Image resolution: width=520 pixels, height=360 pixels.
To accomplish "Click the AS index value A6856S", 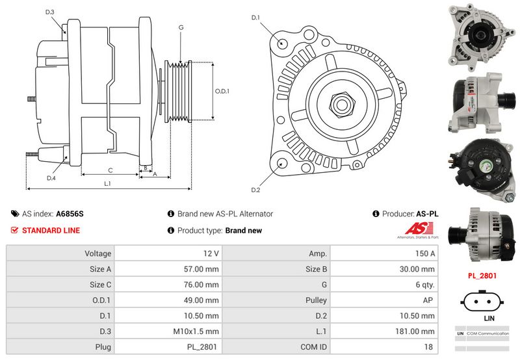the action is coord(70,214).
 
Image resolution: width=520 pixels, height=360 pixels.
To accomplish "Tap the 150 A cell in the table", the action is coord(425,253).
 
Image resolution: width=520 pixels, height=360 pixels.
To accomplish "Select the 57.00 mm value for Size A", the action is coord(201,269).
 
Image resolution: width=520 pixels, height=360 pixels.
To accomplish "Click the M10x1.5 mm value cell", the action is coord(196,331).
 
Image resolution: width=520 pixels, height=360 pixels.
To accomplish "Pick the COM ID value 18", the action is coord(428,347).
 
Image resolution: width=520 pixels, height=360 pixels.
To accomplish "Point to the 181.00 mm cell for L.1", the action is coord(415,331).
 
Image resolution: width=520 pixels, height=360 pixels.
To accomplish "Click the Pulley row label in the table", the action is coord(316,300).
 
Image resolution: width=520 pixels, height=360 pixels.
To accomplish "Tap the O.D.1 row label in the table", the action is coord(101,300).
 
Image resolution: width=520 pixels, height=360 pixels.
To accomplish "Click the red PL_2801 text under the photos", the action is coord(482,276).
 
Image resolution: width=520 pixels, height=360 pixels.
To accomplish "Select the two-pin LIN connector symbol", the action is coord(482,302).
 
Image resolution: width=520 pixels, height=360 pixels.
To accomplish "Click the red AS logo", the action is coord(419,228).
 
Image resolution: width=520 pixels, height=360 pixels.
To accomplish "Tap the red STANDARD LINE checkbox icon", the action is coord(14,230).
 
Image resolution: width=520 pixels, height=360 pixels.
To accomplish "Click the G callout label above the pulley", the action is coord(181,27).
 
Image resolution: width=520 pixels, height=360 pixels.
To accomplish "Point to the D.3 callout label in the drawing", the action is coord(50,12).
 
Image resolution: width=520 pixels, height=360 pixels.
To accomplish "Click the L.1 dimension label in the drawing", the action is coord(107,183).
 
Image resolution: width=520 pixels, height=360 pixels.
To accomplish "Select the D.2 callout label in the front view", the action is coord(255,190).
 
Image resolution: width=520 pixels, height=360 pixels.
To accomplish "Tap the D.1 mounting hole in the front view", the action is coord(282,43).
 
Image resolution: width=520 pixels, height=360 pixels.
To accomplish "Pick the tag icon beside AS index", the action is coord(15,214).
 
